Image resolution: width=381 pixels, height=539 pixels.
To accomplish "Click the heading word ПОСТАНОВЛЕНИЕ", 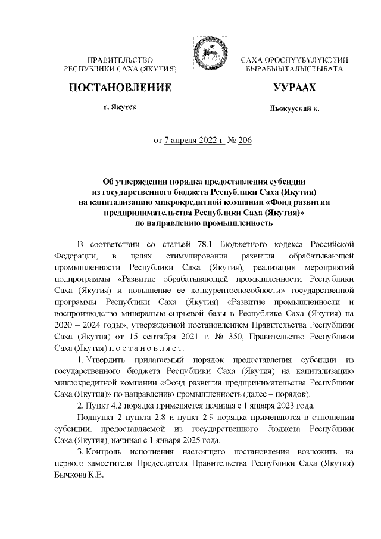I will click(x=121, y=88).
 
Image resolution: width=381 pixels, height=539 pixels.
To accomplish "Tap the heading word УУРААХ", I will click(x=293, y=88).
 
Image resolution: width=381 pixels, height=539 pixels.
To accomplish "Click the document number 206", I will click(x=245, y=141).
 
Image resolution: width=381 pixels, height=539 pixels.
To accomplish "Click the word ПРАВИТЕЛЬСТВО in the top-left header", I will click(x=121, y=61).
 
